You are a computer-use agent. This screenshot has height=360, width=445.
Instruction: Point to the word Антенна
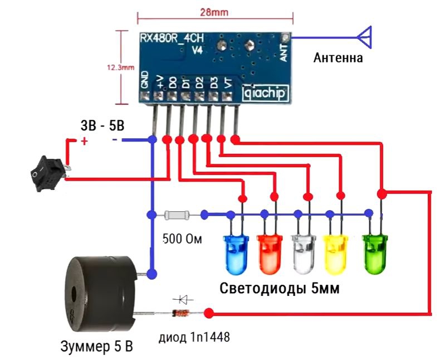tap(338, 57)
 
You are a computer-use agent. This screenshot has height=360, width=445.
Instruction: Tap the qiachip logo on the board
tap(266, 94)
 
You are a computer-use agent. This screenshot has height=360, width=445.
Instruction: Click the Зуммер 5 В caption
tap(96, 347)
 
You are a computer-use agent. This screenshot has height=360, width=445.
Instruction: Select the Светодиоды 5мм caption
tap(280, 289)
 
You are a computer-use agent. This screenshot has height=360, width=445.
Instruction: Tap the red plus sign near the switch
tap(85, 142)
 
